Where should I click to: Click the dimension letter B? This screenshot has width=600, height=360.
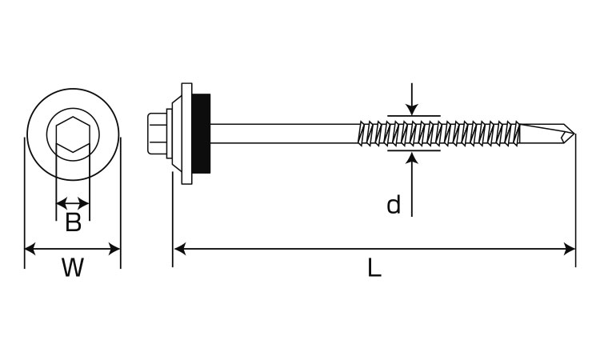coord(73,222)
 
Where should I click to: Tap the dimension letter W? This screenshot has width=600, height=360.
coord(73,267)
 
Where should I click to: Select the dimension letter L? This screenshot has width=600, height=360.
coord(374,267)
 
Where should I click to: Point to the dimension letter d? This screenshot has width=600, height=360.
coord(394,205)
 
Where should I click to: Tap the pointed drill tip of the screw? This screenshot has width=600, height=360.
coord(574,134)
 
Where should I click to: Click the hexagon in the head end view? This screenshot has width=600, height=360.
coord(73,134)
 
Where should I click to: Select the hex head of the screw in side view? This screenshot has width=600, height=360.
coord(157,133)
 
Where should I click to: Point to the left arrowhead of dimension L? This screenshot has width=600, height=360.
coord(180,249)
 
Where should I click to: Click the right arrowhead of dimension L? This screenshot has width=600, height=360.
coord(570,249)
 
